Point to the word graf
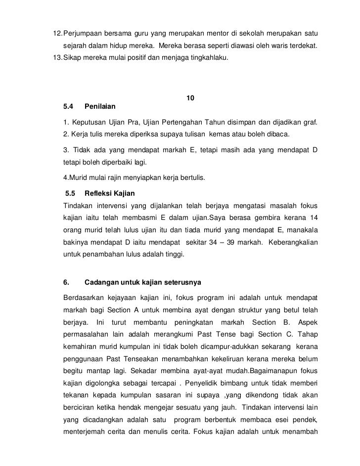[x=311, y=122]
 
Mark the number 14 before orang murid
[x=314, y=218]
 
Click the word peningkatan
[x=186, y=323]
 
